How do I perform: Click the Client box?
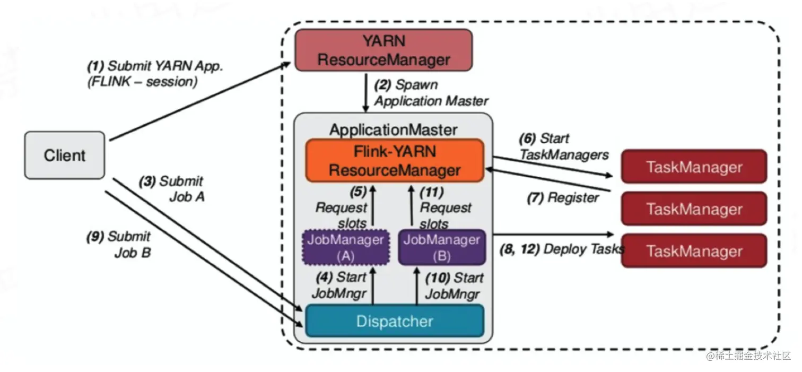pyautogui.click(x=65, y=155)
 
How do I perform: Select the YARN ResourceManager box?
pyautogui.click(x=383, y=50)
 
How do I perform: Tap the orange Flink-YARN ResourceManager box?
pyautogui.click(x=395, y=161)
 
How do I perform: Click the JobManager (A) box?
pyautogui.click(x=345, y=247)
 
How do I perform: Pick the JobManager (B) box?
pyautogui.click(x=442, y=247)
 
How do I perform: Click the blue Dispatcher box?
pyautogui.click(x=395, y=321)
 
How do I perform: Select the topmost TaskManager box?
pyautogui.click(x=694, y=167)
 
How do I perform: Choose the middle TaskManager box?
pyautogui.click(x=694, y=209)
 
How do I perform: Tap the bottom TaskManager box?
pyautogui.click(x=694, y=250)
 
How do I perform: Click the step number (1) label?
pyautogui.click(x=95, y=67)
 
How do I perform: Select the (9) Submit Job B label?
pyautogui.click(x=119, y=244)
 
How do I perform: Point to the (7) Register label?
pyautogui.click(x=562, y=198)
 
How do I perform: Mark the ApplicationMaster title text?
pyautogui.click(x=394, y=129)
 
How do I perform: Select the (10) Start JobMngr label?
pyautogui.click(x=454, y=286)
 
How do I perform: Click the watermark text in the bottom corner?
pyautogui.click(x=748, y=355)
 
